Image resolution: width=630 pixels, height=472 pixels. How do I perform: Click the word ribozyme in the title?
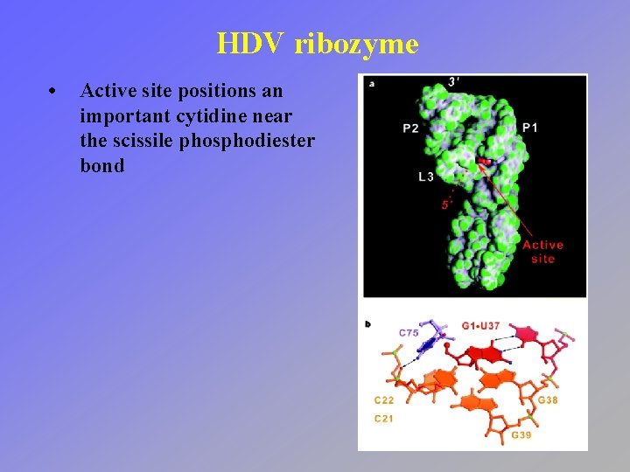coord(357,44)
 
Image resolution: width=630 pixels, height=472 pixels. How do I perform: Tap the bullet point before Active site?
coord(54,91)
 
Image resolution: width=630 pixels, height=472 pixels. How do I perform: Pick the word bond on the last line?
coord(101,165)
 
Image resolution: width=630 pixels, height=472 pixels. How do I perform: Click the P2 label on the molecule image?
coord(410,128)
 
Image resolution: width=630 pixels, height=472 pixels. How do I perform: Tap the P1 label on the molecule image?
coord(530,128)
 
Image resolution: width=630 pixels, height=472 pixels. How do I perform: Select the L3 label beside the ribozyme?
coord(426,177)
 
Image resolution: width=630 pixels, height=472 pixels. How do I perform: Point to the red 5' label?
coord(447,205)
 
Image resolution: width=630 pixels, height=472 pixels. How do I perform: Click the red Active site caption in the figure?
coord(542,252)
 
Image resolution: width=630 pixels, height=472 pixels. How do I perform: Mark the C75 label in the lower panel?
coord(409,333)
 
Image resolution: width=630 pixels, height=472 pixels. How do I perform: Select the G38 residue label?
coord(548,401)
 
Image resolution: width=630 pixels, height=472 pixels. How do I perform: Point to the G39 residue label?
coord(521,434)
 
